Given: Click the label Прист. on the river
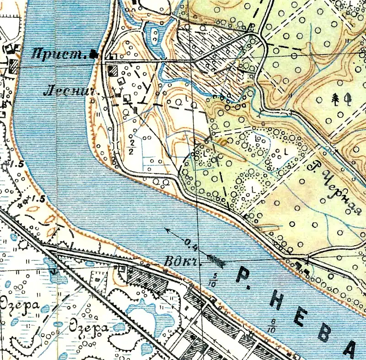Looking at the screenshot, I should [x=59, y=55].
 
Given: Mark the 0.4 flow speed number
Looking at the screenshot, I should [x=192, y=243].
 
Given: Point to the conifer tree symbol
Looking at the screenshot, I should [x=336, y=98].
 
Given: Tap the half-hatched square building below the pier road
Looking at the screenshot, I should [x=113, y=70].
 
